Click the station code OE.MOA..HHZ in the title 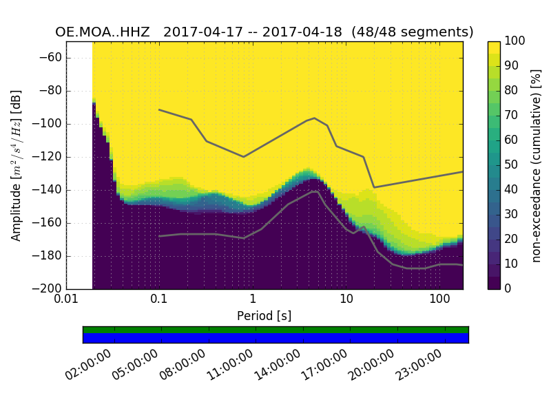(105, 32)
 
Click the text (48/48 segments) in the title (412, 32)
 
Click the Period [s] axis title (264, 316)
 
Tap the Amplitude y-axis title (17, 165)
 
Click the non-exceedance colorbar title (538, 165)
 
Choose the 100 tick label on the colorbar (515, 41)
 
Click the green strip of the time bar (275, 330)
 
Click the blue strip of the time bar (275, 337)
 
